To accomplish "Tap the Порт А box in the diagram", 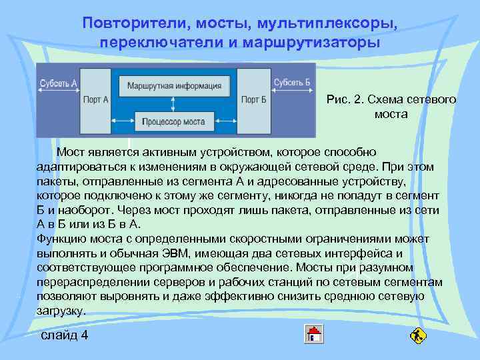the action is point(97,99).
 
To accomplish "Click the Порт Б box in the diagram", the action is point(253,99).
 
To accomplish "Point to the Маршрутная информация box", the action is point(174,85).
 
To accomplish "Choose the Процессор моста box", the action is point(175,122).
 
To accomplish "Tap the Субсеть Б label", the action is point(292,83).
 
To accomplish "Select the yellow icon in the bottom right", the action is point(418,334).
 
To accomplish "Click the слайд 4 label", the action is point(64,335).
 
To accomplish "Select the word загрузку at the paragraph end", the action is point(60,311).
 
